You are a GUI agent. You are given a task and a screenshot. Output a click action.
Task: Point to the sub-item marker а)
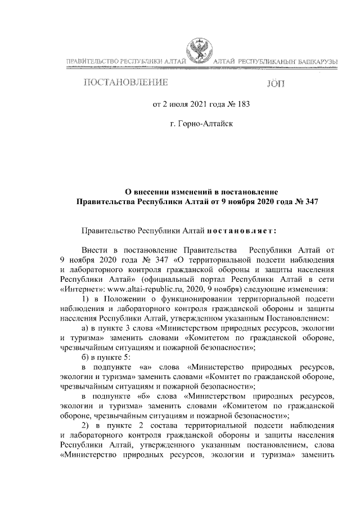click(x=85, y=327)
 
